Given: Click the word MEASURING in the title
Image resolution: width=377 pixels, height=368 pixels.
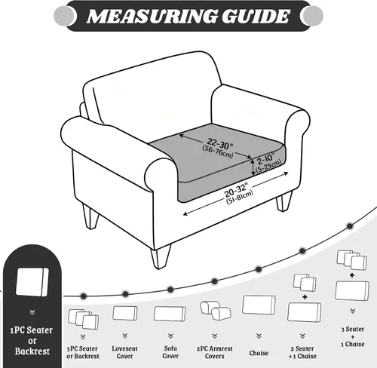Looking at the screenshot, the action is (152, 17).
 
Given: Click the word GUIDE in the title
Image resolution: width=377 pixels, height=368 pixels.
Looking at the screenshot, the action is (256, 17).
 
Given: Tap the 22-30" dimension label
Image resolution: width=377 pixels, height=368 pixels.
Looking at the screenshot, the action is (220, 143).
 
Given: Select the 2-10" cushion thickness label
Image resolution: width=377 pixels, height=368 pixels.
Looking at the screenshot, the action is (265, 158).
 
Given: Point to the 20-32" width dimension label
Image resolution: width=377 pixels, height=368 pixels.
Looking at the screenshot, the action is (236, 189).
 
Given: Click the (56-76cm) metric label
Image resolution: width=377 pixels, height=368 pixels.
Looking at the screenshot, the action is (218, 152).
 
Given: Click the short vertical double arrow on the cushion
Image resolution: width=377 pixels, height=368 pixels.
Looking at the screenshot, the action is (253, 168).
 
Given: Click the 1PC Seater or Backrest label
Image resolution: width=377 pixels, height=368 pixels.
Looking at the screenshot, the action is (32, 341).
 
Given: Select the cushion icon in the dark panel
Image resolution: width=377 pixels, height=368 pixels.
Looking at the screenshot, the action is (32, 282).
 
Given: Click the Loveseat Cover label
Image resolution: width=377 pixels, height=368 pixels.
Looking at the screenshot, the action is (124, 352).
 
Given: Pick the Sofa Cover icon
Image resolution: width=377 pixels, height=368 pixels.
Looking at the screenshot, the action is (170, 314).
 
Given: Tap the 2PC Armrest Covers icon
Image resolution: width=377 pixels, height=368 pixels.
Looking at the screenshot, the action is (216, 310).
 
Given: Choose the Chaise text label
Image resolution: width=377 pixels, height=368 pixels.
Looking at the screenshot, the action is (259, 353).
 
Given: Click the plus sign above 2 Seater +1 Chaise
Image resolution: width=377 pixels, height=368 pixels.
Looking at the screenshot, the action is (305, 297).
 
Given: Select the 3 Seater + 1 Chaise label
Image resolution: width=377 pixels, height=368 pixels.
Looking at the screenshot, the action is (353, 336).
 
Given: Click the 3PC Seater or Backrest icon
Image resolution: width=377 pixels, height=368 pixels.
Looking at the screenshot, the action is (84, 319).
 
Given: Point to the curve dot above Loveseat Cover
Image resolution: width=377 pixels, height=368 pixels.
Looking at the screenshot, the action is (125, 294).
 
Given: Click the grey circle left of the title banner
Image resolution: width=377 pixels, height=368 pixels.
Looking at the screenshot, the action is (64, 16).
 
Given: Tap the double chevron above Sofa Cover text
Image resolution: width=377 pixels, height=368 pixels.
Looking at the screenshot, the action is (170, 336).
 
